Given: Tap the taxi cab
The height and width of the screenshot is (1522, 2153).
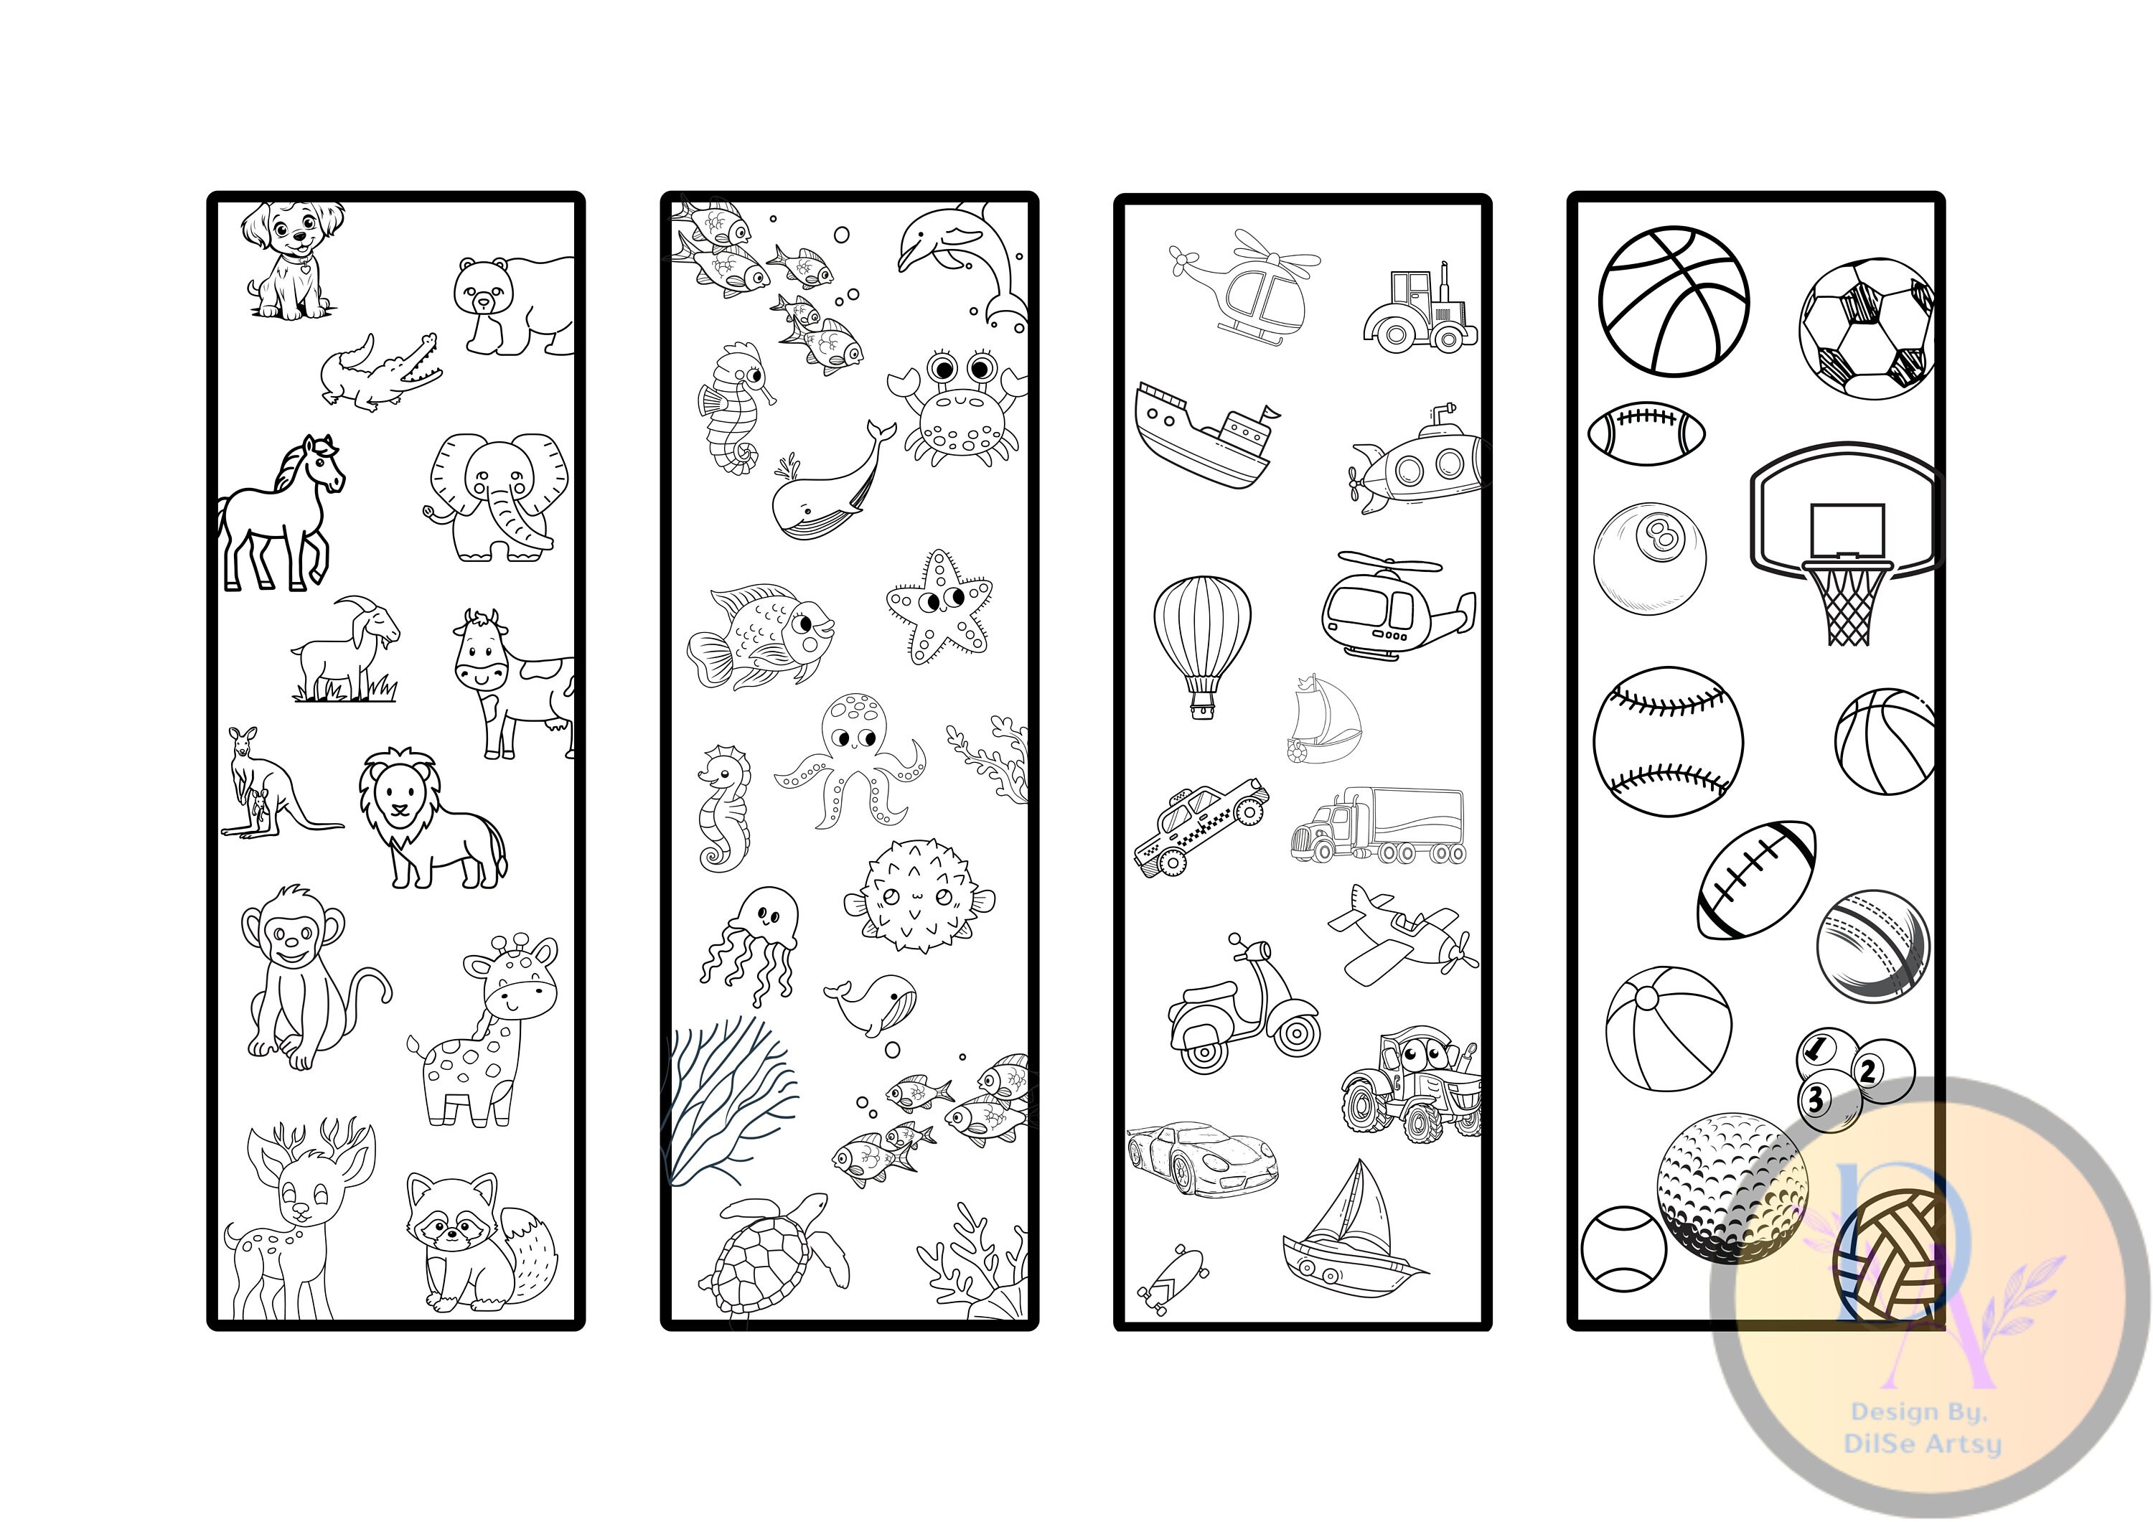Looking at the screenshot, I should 1200,825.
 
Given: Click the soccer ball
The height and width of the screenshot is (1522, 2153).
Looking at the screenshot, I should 1867,328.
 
